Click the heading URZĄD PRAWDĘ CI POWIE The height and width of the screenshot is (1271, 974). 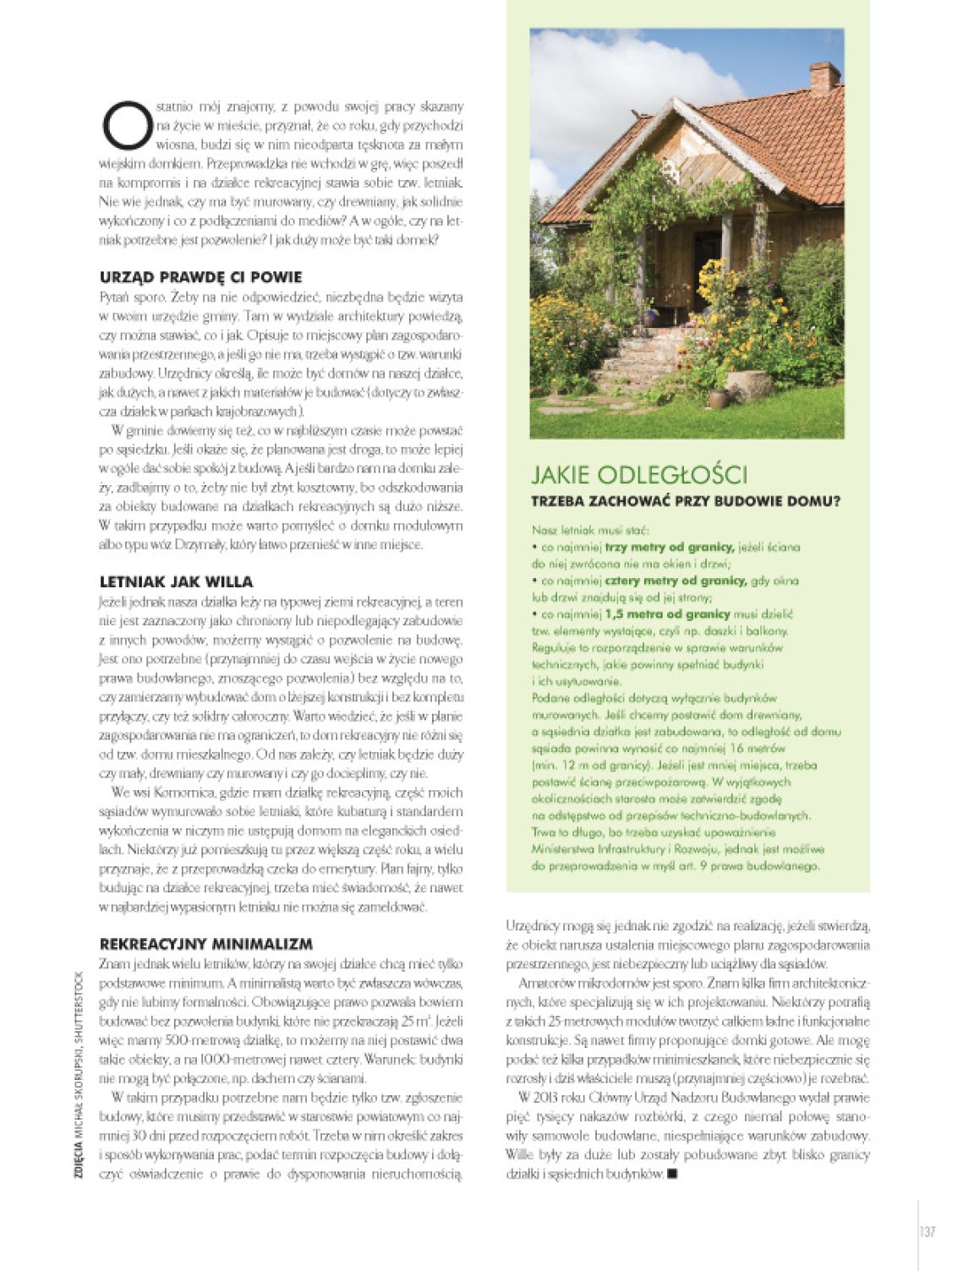[200, 277]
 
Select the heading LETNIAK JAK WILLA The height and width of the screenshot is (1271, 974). [176, 582]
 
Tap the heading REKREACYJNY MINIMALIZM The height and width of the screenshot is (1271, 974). [206, 944]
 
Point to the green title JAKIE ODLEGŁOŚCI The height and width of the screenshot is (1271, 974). [639, 475]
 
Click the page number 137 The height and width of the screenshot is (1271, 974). [927, 1232]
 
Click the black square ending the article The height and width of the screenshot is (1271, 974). [673, 1173]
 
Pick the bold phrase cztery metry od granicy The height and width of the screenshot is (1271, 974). [676, 581]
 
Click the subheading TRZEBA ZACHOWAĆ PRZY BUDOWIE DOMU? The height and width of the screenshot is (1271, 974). [685, 501]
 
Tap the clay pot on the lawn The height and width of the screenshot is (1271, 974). [718, 397]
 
